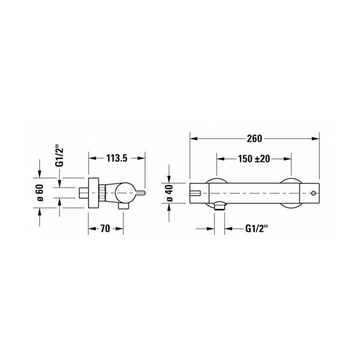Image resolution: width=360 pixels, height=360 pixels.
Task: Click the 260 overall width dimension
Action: tap(255, 138)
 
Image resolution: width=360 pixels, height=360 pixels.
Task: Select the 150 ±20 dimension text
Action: tap(254, 158)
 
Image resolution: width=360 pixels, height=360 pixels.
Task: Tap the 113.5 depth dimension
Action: tap(117, 158)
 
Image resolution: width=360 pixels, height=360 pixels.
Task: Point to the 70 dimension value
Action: tap(105, 229)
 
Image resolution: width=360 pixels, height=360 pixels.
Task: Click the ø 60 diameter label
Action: tap(40, 193)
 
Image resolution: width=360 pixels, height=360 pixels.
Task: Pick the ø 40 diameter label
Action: tap(170, 193)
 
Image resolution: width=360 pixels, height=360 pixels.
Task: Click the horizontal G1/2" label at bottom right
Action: tap(257, 228)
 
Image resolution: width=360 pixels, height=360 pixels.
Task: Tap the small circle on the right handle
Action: tap(313, 193)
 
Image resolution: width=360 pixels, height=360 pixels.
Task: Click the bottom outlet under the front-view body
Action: tap(219, 206)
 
